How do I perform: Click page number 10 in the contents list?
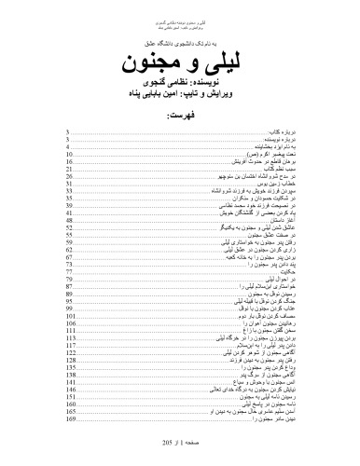click(70, 153)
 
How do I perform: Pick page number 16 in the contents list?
click(70, 159)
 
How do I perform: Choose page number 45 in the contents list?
click(70, 212)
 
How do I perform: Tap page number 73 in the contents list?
click(70, 264)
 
